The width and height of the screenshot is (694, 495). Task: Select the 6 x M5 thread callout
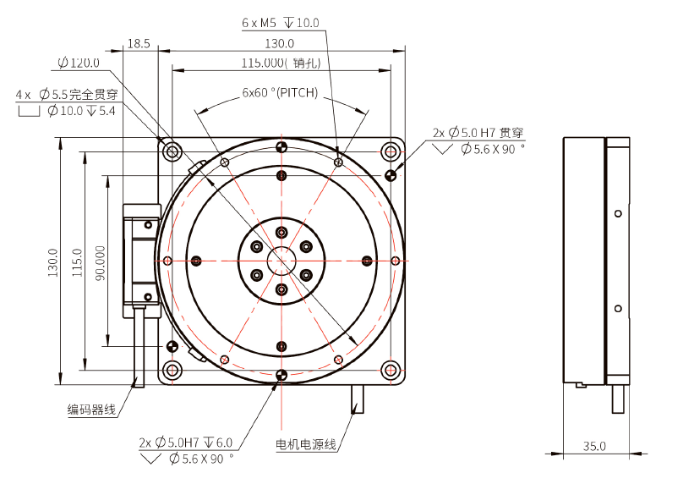[x=281, y=23]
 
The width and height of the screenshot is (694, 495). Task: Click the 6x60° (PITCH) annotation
[x=280, y=93]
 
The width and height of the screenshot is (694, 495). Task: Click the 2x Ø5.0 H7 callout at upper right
[x=478, y=132]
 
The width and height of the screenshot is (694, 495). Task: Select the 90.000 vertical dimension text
[x=101, y=263]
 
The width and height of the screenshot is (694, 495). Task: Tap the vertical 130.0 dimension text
[x=53, y=263]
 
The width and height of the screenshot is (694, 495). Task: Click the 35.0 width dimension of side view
[x=594, y=445]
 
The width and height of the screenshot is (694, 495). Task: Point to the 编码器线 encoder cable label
[x=91, y=410]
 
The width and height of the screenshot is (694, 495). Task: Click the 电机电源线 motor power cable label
[x=306, y=444]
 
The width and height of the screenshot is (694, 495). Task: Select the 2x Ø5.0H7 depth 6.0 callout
[x=185, y=443]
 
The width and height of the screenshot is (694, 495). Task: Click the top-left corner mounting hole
[x=173, y=152]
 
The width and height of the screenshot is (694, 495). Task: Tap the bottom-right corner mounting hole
[x=391, y=370]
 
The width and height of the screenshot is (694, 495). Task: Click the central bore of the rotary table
[x=281, y=261]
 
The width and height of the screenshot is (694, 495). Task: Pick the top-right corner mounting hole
[x=391, y=152]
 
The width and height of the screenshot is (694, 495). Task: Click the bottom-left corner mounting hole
[x=173, y=370]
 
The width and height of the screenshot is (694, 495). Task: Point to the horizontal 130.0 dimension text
[x=280, y=43]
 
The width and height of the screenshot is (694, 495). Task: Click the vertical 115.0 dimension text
[x=77, y=263]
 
